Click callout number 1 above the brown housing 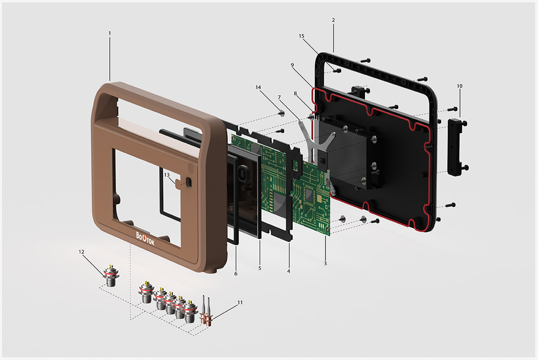pyautogui.click(x=110, y=33)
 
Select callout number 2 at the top pyautogui.click(x=334, y=20)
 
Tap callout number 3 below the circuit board pyautogui.click(x=325, y=264)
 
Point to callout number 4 pyautogui.click(x=289, y=271)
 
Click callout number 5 pyautogui.click(x=260, y=268)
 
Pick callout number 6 pyautogui.click(x=236, y=274)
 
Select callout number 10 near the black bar pyautogui.click(x=460, y=86)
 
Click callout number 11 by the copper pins pyautogui.click(x=240, y=303)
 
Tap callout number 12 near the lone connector pyautogui.click(x=82, y=252)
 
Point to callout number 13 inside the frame pyautogui.click(x=167, y=175)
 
